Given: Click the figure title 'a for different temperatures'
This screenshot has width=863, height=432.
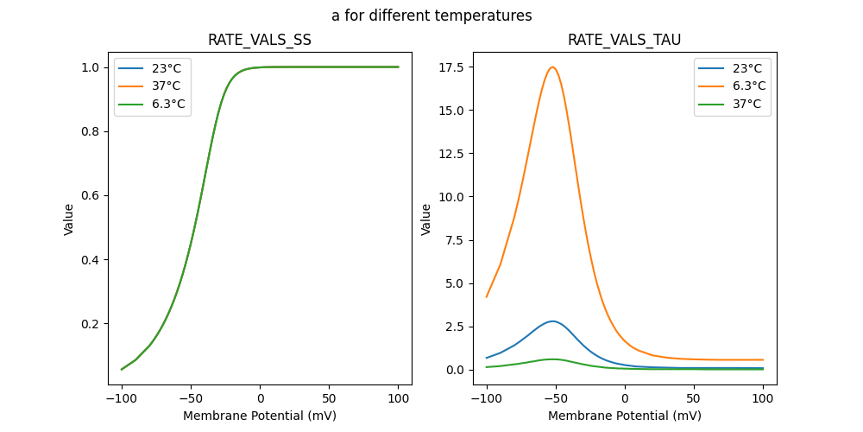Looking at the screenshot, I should (x=431, y=16).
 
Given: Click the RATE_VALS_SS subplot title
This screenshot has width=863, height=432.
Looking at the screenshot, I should (x=260, y=40).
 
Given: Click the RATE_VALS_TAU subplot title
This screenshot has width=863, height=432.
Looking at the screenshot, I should (x=624, y=40).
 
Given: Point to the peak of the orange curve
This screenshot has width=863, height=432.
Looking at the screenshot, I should (x=552, y=67).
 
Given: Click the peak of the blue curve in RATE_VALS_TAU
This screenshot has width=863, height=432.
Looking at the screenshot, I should (x=552, y=321).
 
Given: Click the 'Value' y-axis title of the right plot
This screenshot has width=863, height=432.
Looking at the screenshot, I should (x=426, y=219).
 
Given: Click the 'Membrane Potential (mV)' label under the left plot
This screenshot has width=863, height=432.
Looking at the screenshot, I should (x=260, y=416).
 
